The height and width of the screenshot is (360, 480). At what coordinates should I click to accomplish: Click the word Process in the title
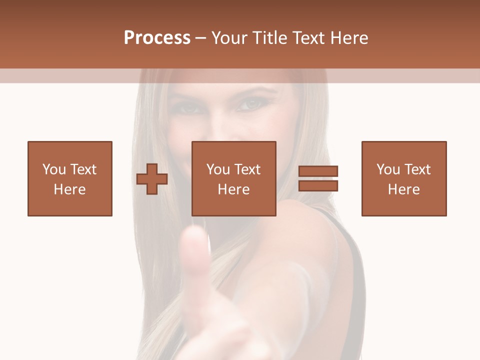[x=157, y=38]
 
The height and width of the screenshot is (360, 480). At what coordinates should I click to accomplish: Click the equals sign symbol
[x=318, y=178]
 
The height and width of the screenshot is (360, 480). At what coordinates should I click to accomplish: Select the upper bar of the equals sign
[x=318, y=171]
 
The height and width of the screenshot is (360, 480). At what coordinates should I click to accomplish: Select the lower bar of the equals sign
[x=318, y=185]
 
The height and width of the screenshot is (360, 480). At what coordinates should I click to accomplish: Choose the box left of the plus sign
[x=69, y=178]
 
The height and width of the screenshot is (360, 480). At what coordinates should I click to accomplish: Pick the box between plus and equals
[x=233, y=178]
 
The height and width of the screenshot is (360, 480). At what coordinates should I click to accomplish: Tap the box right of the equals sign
[x=403, y=178]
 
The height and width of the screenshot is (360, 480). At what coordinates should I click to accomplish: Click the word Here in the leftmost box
[x=69, y=189]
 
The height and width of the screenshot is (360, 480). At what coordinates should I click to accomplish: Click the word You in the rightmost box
[x=388, y=169]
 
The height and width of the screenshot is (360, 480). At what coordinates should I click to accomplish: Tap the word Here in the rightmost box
[x=403, y=189]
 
